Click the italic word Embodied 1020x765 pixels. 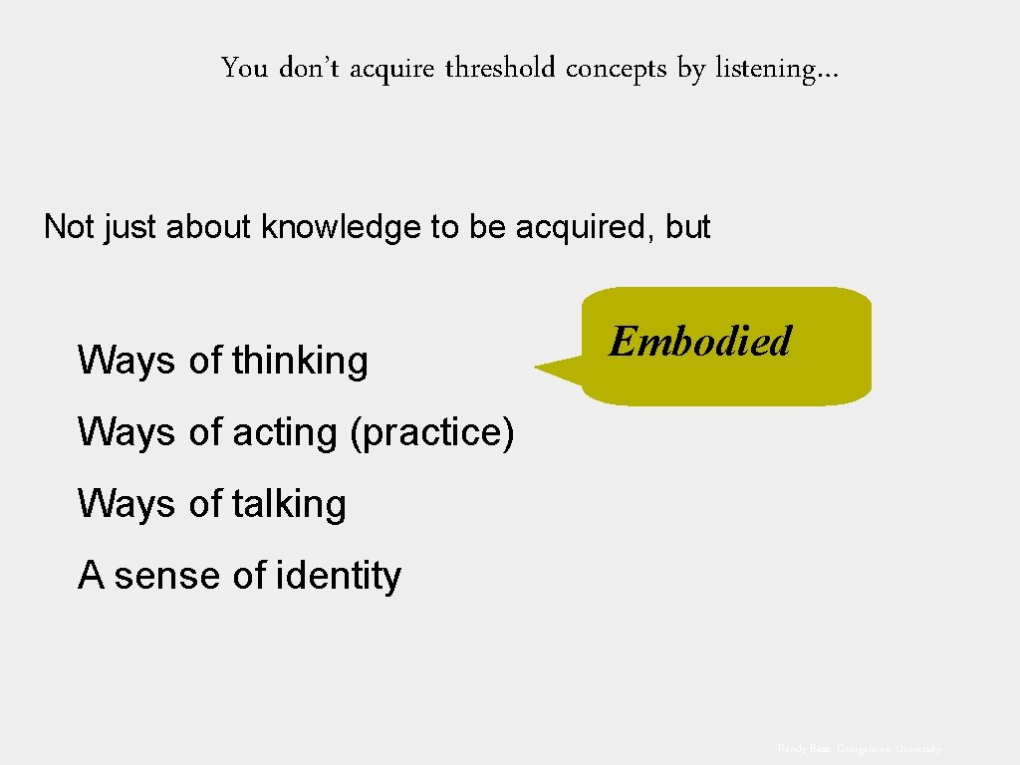[699, 342]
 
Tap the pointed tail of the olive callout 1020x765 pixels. [543, 369]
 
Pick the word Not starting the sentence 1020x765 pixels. [68, 227]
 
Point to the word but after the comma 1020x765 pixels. [688, 227]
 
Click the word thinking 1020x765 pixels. [300, 360]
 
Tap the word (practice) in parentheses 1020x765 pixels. [431, 432]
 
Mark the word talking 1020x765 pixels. [289, 504]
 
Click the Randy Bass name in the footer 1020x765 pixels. [805, 748]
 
